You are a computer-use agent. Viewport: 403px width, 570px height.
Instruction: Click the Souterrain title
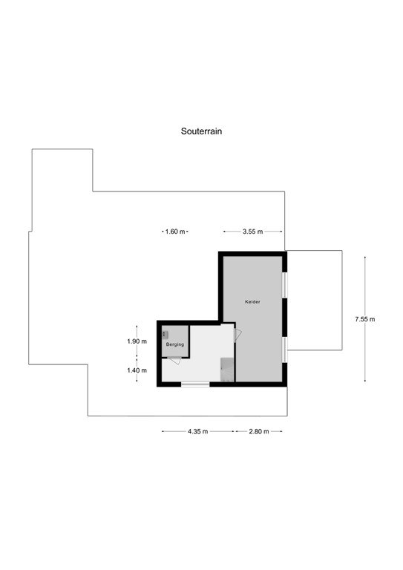pos(202,131)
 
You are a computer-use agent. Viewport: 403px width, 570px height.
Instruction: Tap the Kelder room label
pos(252,302)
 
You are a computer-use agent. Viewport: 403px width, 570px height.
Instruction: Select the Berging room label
pos(174,345)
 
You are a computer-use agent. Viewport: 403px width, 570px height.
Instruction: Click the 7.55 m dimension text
pos(365,319)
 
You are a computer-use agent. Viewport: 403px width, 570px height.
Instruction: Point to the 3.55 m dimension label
pos(252,232)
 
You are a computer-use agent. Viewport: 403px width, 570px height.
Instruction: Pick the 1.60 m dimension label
pos(175,232)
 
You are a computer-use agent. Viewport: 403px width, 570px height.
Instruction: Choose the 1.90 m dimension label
pos(137,341)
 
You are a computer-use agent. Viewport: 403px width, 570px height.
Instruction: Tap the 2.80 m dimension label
pos(259,431)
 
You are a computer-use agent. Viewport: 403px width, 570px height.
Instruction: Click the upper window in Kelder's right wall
pos(285,285)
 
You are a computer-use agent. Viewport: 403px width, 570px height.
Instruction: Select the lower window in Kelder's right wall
pos(285,350)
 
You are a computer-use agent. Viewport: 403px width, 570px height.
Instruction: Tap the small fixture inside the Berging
pos(166,335)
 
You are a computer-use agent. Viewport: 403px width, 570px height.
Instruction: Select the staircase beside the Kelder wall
pos(227,369)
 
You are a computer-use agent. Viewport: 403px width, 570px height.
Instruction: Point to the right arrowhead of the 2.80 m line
pos(282,431)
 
